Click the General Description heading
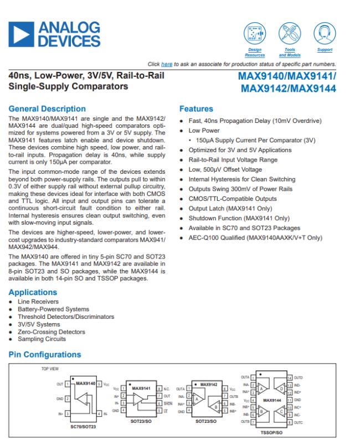(47, 109)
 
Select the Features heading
(197, 110)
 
